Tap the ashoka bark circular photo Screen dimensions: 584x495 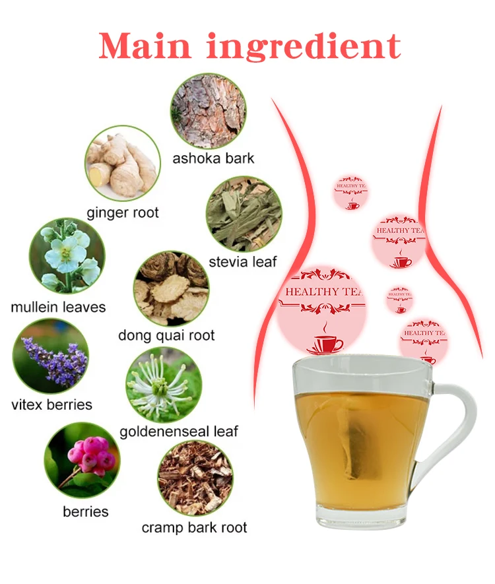coord(208,111)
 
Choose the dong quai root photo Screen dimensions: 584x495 coord(171,288)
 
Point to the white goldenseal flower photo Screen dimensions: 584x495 coord(164,385)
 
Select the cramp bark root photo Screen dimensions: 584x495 coord(195,478)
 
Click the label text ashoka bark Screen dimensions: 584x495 coord(213,158)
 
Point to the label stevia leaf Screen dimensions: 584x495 coord(243,262)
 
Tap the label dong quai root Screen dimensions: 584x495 coord(166,335)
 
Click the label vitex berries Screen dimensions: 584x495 coord(51,405)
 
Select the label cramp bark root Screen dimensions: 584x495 coord(194,527)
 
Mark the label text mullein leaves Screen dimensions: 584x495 coord(58,308)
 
